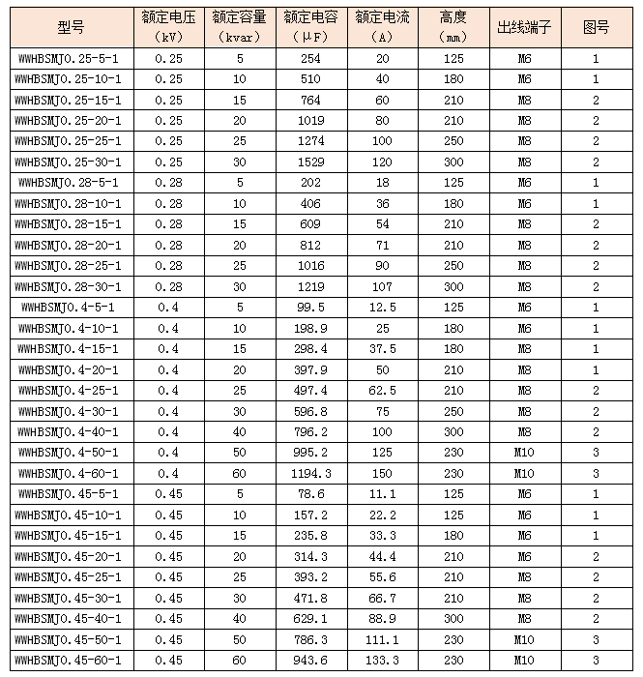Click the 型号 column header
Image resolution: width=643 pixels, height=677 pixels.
click(x=71, y=27)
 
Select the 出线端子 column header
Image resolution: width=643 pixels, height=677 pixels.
click(x=524, y=27)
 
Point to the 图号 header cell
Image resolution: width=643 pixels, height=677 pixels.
click(x=596, y=27)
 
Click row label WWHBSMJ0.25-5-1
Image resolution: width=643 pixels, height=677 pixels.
click(x=70, y=58)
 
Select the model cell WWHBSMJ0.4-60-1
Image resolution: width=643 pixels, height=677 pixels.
click(x=70, y=473)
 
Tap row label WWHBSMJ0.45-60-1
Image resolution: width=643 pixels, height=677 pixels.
click(x=70, y=661)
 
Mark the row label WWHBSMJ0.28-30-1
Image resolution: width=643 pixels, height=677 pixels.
click(x=70, y=286)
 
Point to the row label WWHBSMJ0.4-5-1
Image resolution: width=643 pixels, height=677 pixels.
click(x=70, y=308)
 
